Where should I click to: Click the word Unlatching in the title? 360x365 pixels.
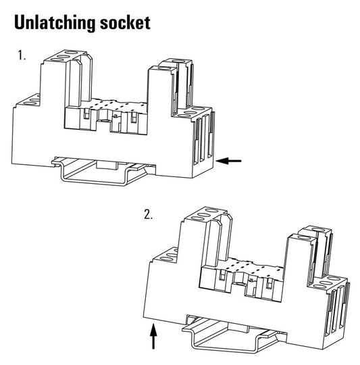pyautogui.click(x=55, y=23)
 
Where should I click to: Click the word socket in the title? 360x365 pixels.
pyautogui.click(x=125, y=23)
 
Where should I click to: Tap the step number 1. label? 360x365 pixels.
pyautogui.click(x=22, y=55)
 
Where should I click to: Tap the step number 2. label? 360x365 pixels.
pyautogui.click(x=149, y=214)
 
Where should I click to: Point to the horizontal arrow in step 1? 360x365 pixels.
pyautogui.click(x=228, y=160)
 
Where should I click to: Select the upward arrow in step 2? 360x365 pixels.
pyautogui.click(x=153, y=336)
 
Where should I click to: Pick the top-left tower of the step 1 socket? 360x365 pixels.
pyautogui.click(x=66, y=78)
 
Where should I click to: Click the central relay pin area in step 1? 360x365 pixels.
pyautogui.click(x=106, y=118)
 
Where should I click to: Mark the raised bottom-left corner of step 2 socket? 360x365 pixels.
pyautogui.click(x=144, y=316)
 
